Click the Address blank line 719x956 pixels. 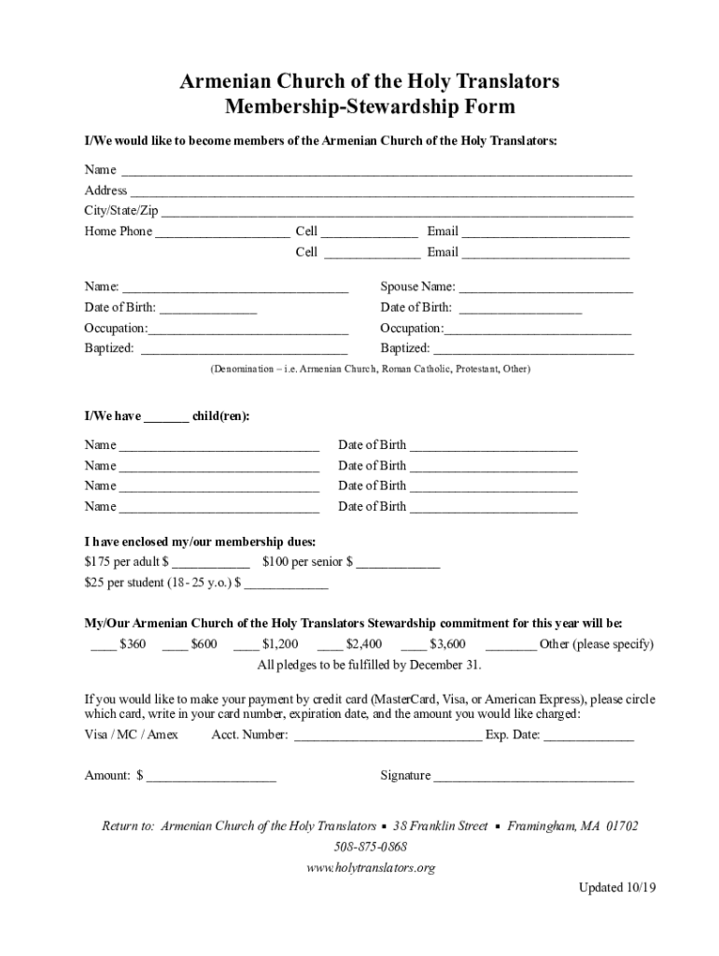click(x=381, y=192)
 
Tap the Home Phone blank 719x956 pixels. click(x=222, y=233)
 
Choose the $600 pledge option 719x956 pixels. click(x=190, y=645)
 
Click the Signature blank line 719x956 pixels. click(x=533, y=777)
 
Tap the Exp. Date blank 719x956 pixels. click(x=588, y=737)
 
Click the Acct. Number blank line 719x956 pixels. click(x=388, y=737)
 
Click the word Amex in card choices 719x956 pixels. click(x=162, y=736)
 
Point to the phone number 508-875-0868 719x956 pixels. click(x=371, y=848)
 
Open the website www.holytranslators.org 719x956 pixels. click(x=371, y=868)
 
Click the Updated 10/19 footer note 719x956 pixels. click(x=616, y=889)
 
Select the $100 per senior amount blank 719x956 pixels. click(x=398, y=564)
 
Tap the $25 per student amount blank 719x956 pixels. click(x=286, y=584)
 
